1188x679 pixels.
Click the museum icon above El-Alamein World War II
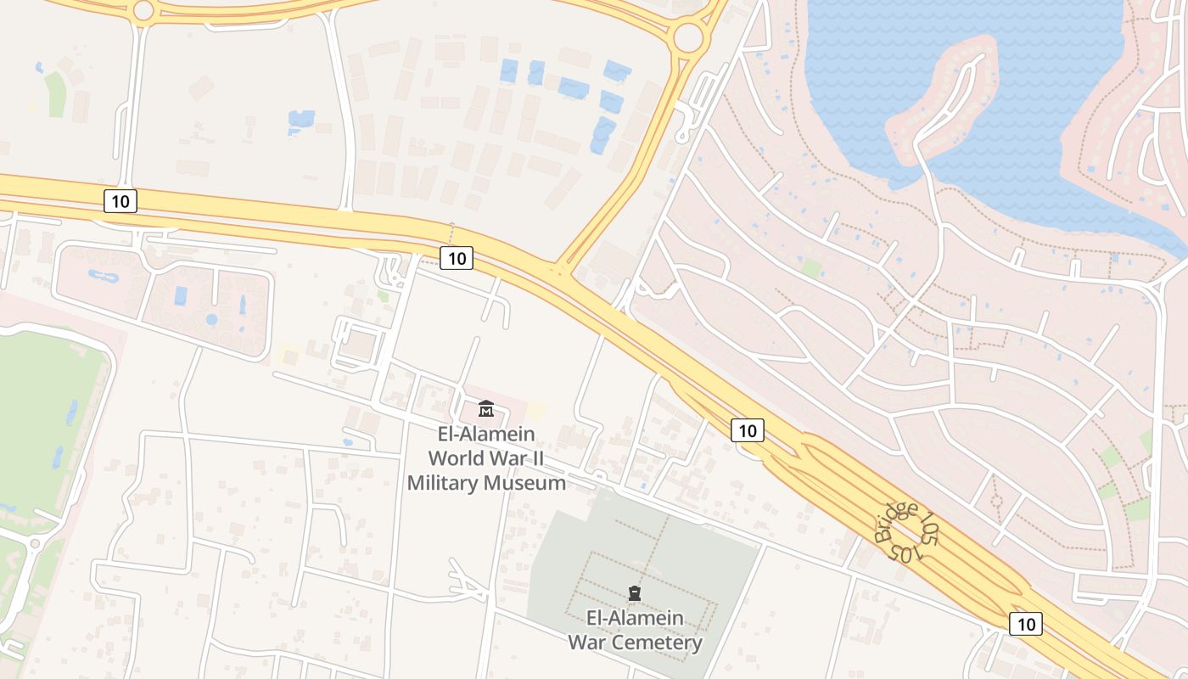click(485, 409)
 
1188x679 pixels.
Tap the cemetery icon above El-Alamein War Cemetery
click(634, 592)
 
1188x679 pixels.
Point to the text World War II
click(485, 458)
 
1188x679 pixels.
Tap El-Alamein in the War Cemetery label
click(635, 617)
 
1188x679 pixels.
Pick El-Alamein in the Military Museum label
click(486, 434)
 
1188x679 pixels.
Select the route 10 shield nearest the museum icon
click(457, 258)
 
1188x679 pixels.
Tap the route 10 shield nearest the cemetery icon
click(747, 430)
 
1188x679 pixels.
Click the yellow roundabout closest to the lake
click(687, 37)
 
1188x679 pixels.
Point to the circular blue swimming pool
click(211, 319)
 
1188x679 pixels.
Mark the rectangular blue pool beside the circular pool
click(181, 295)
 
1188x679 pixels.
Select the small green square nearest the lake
click(812, 269)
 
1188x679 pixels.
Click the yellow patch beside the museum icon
click(535, 411)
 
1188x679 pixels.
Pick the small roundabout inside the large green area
click(35, 543)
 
